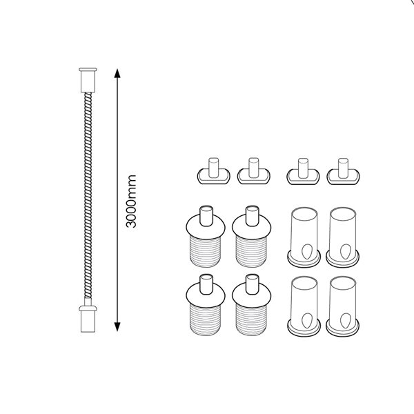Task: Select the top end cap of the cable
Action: (x=88, y=77)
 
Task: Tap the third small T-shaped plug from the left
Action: (x=299, y=172)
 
